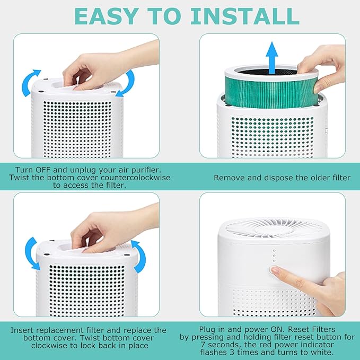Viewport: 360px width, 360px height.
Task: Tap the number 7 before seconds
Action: click(204, 345)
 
